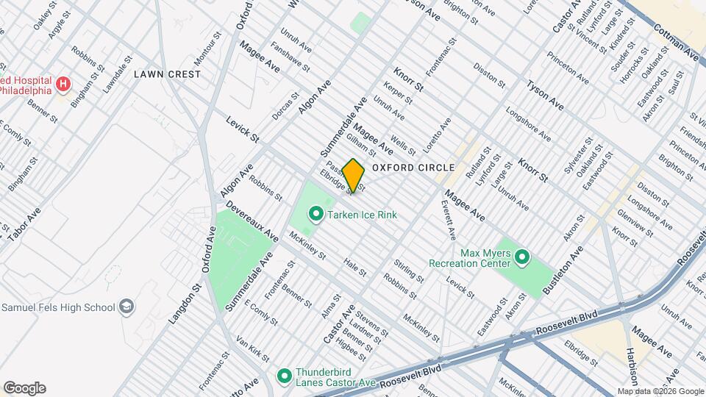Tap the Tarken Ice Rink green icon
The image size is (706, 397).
[316, 215]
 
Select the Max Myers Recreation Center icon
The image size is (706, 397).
[522, 257]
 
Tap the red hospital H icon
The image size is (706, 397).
[63, 85]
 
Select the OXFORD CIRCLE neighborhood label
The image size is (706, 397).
[413, 168]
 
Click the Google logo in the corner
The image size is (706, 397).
[24, 388]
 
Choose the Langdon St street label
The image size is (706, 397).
[188, 306]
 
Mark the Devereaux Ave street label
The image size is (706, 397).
[252, 223]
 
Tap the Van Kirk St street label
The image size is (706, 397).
[252, 351]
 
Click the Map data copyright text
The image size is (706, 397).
[660, 391]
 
